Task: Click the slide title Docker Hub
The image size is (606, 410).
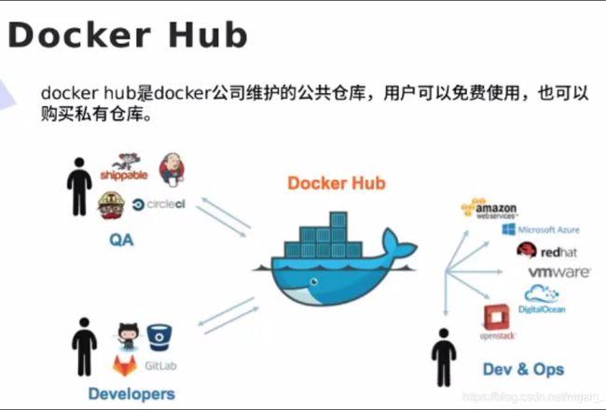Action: click(128, 34)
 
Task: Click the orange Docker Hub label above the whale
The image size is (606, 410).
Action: click(336, 183)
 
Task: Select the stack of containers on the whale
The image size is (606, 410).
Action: click(325, 234)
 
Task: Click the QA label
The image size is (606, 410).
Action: click(120, 240)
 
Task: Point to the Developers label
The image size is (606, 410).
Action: click(131, 393)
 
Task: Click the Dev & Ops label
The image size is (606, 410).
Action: click(523, 369)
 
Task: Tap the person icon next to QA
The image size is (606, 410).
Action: click(78, 186)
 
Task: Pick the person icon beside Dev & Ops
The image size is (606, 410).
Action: click(441, 355)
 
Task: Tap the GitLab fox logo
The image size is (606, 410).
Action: click(125, 364)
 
